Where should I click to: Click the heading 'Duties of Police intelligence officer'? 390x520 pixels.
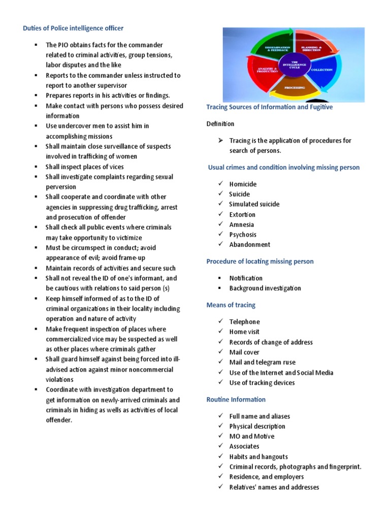coord(73,28)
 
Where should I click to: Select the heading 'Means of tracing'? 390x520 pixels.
coord(231,305)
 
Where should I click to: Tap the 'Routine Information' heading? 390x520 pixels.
coord(236,400)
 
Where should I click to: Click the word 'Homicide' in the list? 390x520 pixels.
coord(243,184)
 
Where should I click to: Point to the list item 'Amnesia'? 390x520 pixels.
coord(242,224)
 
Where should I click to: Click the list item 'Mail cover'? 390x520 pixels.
coord(244,352)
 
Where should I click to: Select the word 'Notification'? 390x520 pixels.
coord(246,278)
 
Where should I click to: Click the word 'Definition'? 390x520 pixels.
coord(220,124)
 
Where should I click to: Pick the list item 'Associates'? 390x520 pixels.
coord(244,446)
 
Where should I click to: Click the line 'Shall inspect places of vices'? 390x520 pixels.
coord(84,167)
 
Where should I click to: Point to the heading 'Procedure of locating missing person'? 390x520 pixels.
coord(259,262)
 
